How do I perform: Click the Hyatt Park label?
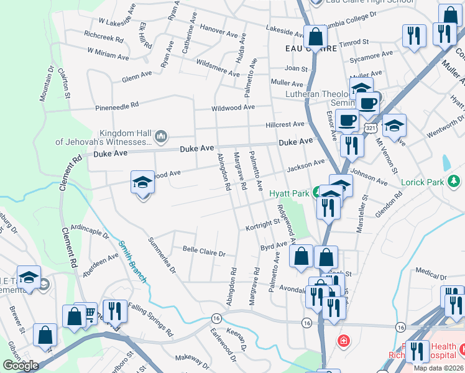point(289,194)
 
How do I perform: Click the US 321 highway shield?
point(371,127)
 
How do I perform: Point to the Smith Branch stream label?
point(132,262)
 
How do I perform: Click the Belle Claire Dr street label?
point(203,251)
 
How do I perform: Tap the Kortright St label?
point(262,224)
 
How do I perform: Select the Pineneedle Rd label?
point(117,107)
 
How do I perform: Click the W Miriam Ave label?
point(108,53)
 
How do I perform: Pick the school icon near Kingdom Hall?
point(142,183)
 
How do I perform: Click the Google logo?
point(21,366)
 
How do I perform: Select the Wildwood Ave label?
point(233,107)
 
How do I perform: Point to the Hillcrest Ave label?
point(285,124)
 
